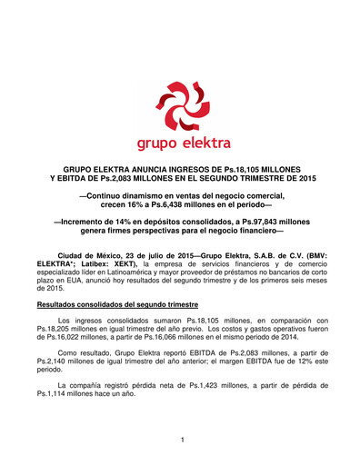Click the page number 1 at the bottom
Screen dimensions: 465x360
click(x=182, y=440)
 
